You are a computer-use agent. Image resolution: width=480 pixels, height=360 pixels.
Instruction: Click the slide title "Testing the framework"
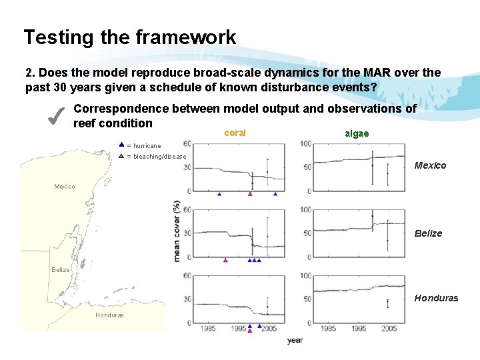pyautogui.click(x=129, y=37)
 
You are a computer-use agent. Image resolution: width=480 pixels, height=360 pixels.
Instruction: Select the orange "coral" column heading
pyautogui.click(x=235, y=133)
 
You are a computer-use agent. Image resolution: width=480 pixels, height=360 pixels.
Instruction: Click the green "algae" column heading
pyautogui.click(x=357, y=133)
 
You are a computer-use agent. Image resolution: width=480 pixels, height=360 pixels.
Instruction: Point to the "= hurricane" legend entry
pyautogui.click(x=143, y=145)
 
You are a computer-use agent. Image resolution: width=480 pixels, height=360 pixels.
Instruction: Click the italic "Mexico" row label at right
pyautogui.click(x=430, y=165)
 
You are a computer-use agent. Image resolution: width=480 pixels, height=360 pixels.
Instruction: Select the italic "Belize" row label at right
pyautogui.click(x=428, y=233)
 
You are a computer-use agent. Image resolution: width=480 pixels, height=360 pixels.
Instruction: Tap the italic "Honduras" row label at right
pyautogui.click(x=436, y=298)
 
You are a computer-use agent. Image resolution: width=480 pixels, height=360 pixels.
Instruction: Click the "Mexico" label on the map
pyautogui.click(x=65, y=187)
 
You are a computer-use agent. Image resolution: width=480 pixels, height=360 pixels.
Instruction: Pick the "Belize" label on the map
pyautogui.click(x=61, y=270)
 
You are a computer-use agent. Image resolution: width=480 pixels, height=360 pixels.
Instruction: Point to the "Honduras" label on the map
pyautogui.click(x=109, y=315)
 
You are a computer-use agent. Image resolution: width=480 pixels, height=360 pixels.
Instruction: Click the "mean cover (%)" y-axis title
pyautogui.click(x=177, y=230)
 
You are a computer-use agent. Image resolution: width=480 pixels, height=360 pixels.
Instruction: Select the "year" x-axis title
pyautogui.click(x=295, y=341)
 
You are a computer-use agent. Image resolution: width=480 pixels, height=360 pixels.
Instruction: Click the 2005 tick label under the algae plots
pyautogui.click(x=389, y=329)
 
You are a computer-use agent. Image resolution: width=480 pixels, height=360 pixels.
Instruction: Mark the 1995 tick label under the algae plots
pyautogui.click(x=359, y=329)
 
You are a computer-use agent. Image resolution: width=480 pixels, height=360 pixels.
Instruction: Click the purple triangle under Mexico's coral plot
pyautogui.click(x=250, y=194)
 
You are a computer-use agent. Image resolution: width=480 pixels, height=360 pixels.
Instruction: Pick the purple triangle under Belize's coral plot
pyautogui.click(x=225, y=260)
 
